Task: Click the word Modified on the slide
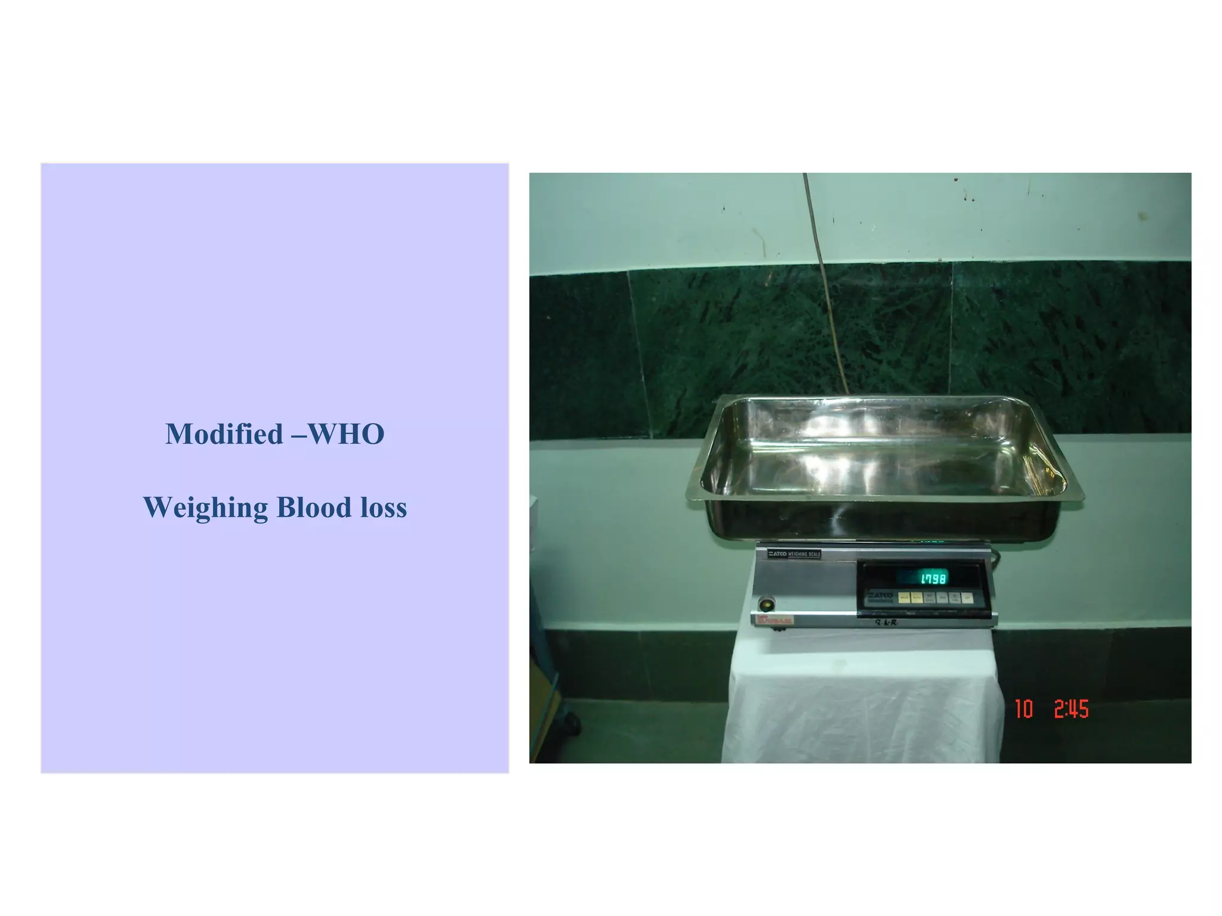224,434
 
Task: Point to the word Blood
314,507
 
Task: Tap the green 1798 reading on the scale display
933,578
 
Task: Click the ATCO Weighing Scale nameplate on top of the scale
794,554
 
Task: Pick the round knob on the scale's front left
766,605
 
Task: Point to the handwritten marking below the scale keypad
886,623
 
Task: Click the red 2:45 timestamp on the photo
1071,709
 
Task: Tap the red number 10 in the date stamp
1024,709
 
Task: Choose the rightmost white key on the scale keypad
967,598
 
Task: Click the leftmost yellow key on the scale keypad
905,598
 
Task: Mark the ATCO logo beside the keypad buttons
880,596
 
